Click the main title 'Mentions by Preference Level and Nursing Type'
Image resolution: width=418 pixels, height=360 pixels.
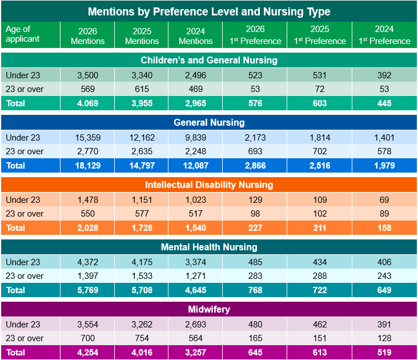point(209,11)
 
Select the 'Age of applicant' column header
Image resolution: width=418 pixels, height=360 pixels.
point(23,34)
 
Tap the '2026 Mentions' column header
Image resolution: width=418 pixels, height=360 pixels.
point(87,35)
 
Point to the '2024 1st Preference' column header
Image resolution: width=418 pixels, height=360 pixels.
point(384,35)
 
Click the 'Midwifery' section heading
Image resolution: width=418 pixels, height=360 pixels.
point(209,309)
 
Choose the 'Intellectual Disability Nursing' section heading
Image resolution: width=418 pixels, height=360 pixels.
point(209,185)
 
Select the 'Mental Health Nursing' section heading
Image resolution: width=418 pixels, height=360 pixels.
point(209,247)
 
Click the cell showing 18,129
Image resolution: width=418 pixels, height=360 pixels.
point(87,165)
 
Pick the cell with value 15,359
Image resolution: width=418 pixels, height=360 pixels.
point(87,137)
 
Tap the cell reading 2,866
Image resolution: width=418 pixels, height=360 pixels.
point(254,165)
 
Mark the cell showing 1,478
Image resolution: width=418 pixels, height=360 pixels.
point(87,200)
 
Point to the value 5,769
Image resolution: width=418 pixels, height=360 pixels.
point(87,290)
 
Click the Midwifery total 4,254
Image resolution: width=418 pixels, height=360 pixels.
point(87,352)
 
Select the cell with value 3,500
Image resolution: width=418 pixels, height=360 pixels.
point(87,75)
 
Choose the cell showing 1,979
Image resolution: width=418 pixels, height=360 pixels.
point(384,165)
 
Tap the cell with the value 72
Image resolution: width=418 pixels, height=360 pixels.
point(320,89)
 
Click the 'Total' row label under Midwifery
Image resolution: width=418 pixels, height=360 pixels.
point(15,352)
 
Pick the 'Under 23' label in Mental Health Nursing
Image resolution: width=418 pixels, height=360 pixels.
point(23,262)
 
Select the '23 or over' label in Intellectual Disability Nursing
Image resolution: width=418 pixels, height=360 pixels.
point(25,214)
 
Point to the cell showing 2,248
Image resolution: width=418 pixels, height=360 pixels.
point(195,151)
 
